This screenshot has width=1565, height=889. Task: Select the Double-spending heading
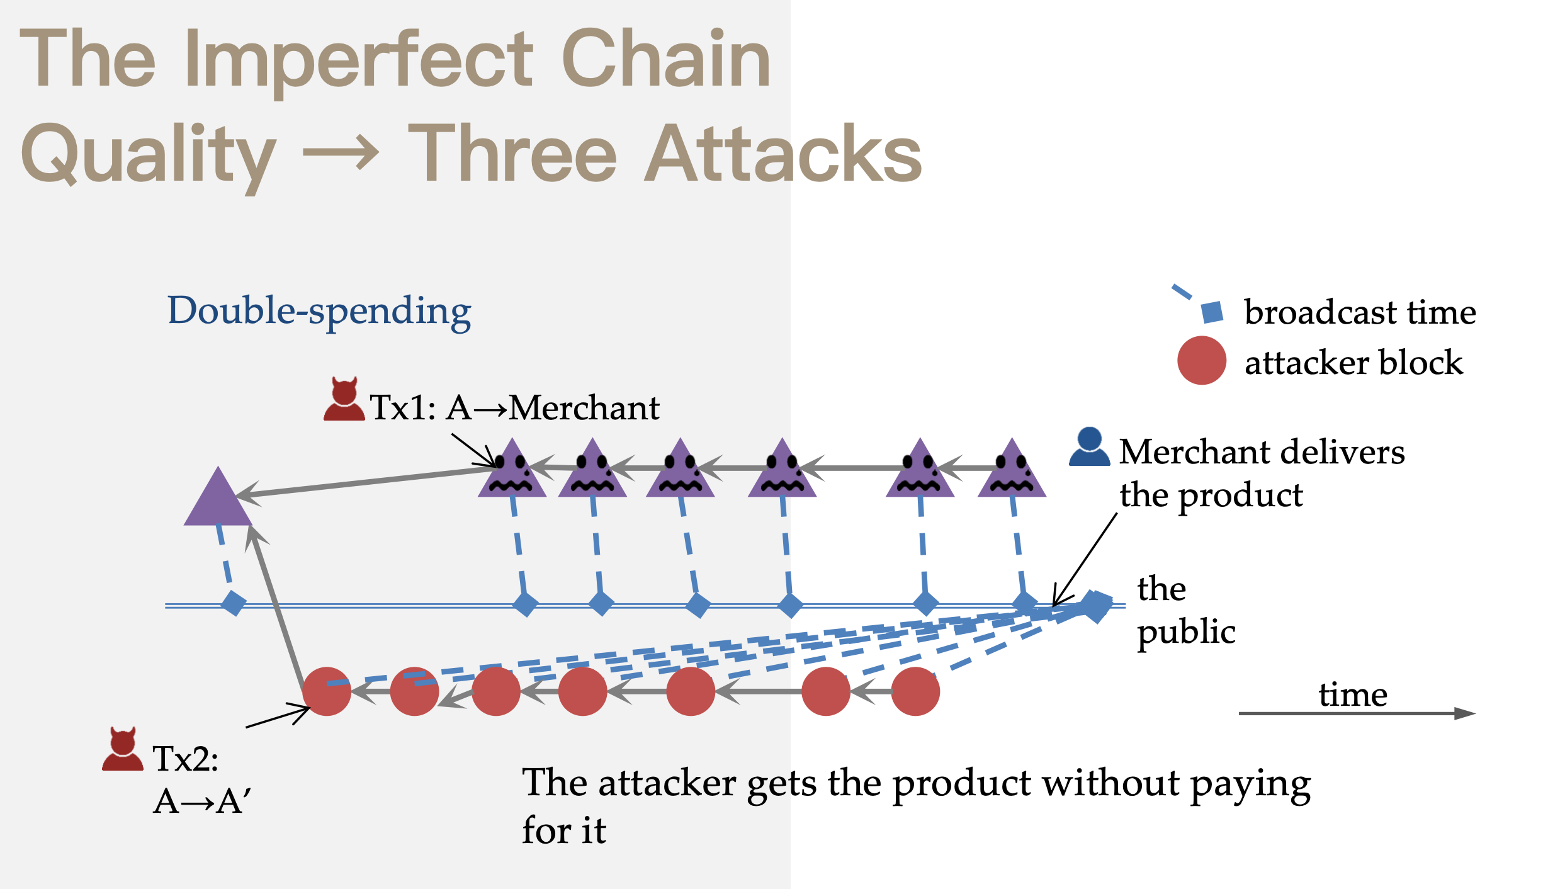(x=319, y=311)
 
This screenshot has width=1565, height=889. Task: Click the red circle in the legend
(x=1201, y=361)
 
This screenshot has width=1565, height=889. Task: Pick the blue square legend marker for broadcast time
(x=1212, y=312)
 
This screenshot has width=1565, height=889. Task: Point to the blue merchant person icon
(x=1089, y=447)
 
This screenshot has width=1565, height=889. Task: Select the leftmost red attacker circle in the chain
(x=326, y=691)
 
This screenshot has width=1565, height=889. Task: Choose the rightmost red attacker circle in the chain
(x=915, y=691)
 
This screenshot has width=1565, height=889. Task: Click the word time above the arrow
(x=1353, y=694)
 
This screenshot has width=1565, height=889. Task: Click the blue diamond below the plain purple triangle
(x=234, y=603)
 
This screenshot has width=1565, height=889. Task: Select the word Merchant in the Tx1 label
(x=584, y=408)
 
